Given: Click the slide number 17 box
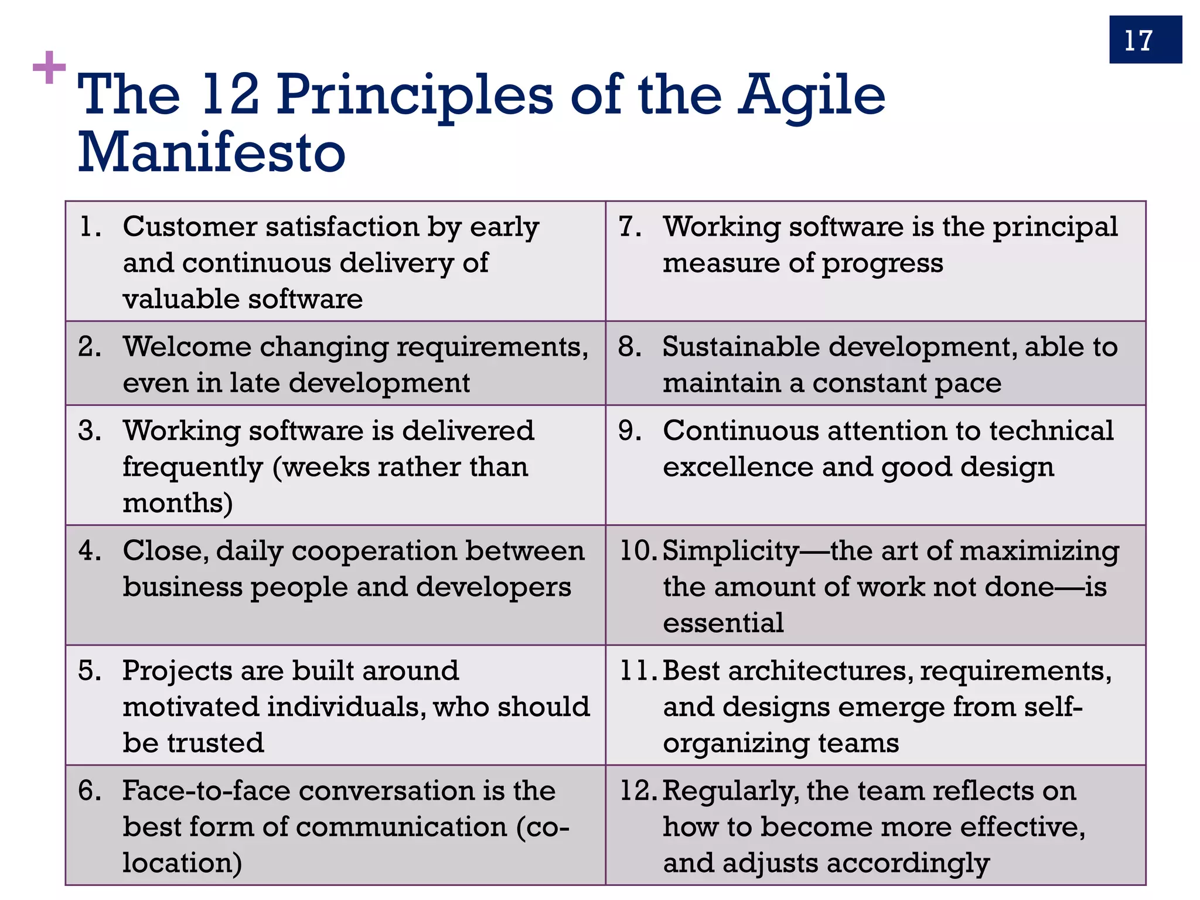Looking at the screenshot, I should click(x=1145, y=40).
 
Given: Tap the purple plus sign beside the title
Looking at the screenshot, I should click(x=49, y=68).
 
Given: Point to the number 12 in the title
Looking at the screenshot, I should click(x=230, y=95).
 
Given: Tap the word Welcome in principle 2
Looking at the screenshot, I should click(x=187, y=347).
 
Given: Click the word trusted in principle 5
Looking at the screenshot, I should click(x=216, y=743).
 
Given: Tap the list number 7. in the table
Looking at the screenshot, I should click(x=630, y=227).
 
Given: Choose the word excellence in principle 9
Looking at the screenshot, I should click(x=738, y=468).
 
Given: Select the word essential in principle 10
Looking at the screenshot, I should click(x=723, y=623).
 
